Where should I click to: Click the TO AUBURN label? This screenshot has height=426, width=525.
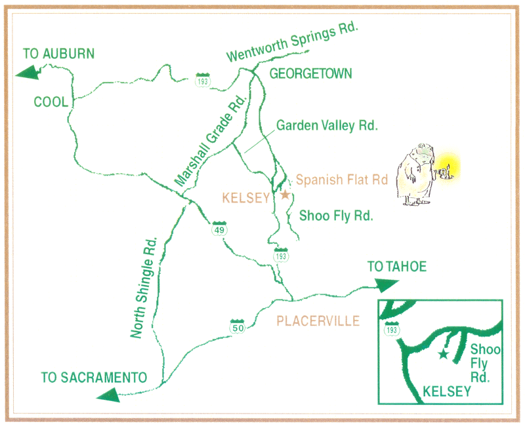59,54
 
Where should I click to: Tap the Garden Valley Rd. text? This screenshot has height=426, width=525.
327,125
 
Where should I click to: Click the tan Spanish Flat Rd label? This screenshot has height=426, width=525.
342,179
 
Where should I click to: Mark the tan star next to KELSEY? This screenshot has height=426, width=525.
285,195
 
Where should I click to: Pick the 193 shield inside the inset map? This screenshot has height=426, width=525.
392,329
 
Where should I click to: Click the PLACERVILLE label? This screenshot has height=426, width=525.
318,321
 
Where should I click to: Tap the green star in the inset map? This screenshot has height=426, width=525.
444,354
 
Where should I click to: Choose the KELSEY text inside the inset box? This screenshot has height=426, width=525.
448,391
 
